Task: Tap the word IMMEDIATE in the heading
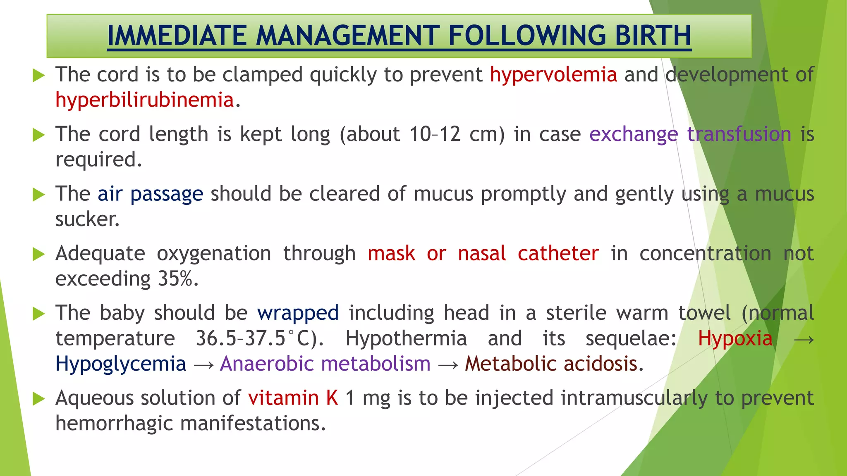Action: click(x=177, y=36)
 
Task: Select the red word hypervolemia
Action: click(x=553, y=75)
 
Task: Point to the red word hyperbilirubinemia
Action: click(x=145, y=100)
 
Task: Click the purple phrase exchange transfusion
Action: click(x=690, y=134)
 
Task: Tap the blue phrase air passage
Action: click(x=150, y=194)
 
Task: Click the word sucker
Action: click(x=87, y=219)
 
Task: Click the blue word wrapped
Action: click(x=298, y=313)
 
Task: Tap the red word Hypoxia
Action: click(x=735, y=338)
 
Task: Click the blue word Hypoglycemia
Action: click(x=121, y=364)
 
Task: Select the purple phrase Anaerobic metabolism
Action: click(x=325, y=364)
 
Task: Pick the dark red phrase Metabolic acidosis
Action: click(x=554, y=364)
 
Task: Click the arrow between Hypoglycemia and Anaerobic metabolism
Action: click(x=203, y=365)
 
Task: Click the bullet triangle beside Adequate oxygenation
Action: click(x=38, y=254)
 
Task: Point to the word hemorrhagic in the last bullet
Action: click(x=114, y=424)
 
